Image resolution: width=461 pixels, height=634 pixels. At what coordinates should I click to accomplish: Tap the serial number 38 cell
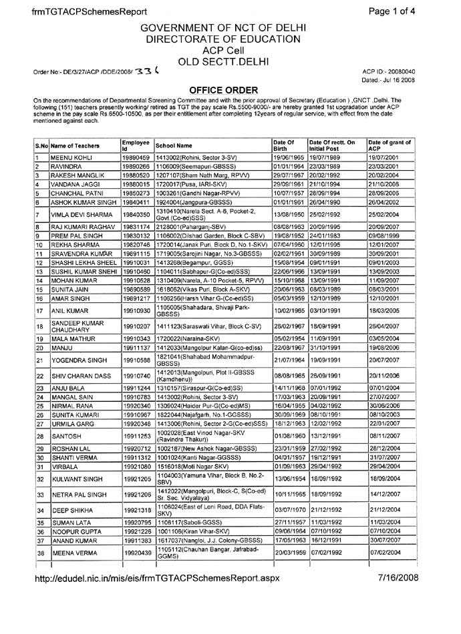point(39,609)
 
